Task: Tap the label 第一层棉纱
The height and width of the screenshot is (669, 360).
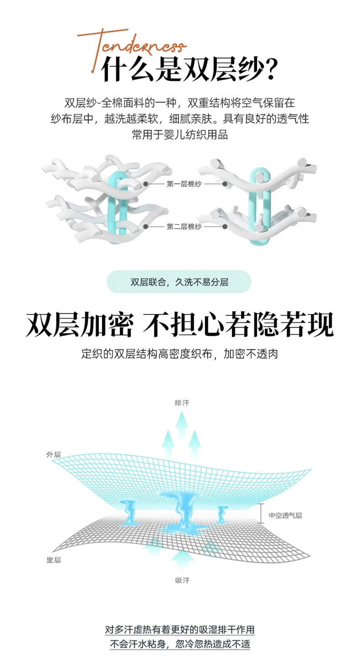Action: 184,184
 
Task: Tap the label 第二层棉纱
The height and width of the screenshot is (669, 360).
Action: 184,226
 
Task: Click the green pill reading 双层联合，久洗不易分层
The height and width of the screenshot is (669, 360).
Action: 179,282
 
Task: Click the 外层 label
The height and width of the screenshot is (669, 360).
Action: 53,454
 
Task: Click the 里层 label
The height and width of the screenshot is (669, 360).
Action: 53,560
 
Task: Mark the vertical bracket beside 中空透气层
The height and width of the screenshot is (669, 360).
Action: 260,513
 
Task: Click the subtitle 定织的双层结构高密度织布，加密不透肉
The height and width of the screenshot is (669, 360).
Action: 180,354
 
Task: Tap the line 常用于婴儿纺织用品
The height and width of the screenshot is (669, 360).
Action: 180,135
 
